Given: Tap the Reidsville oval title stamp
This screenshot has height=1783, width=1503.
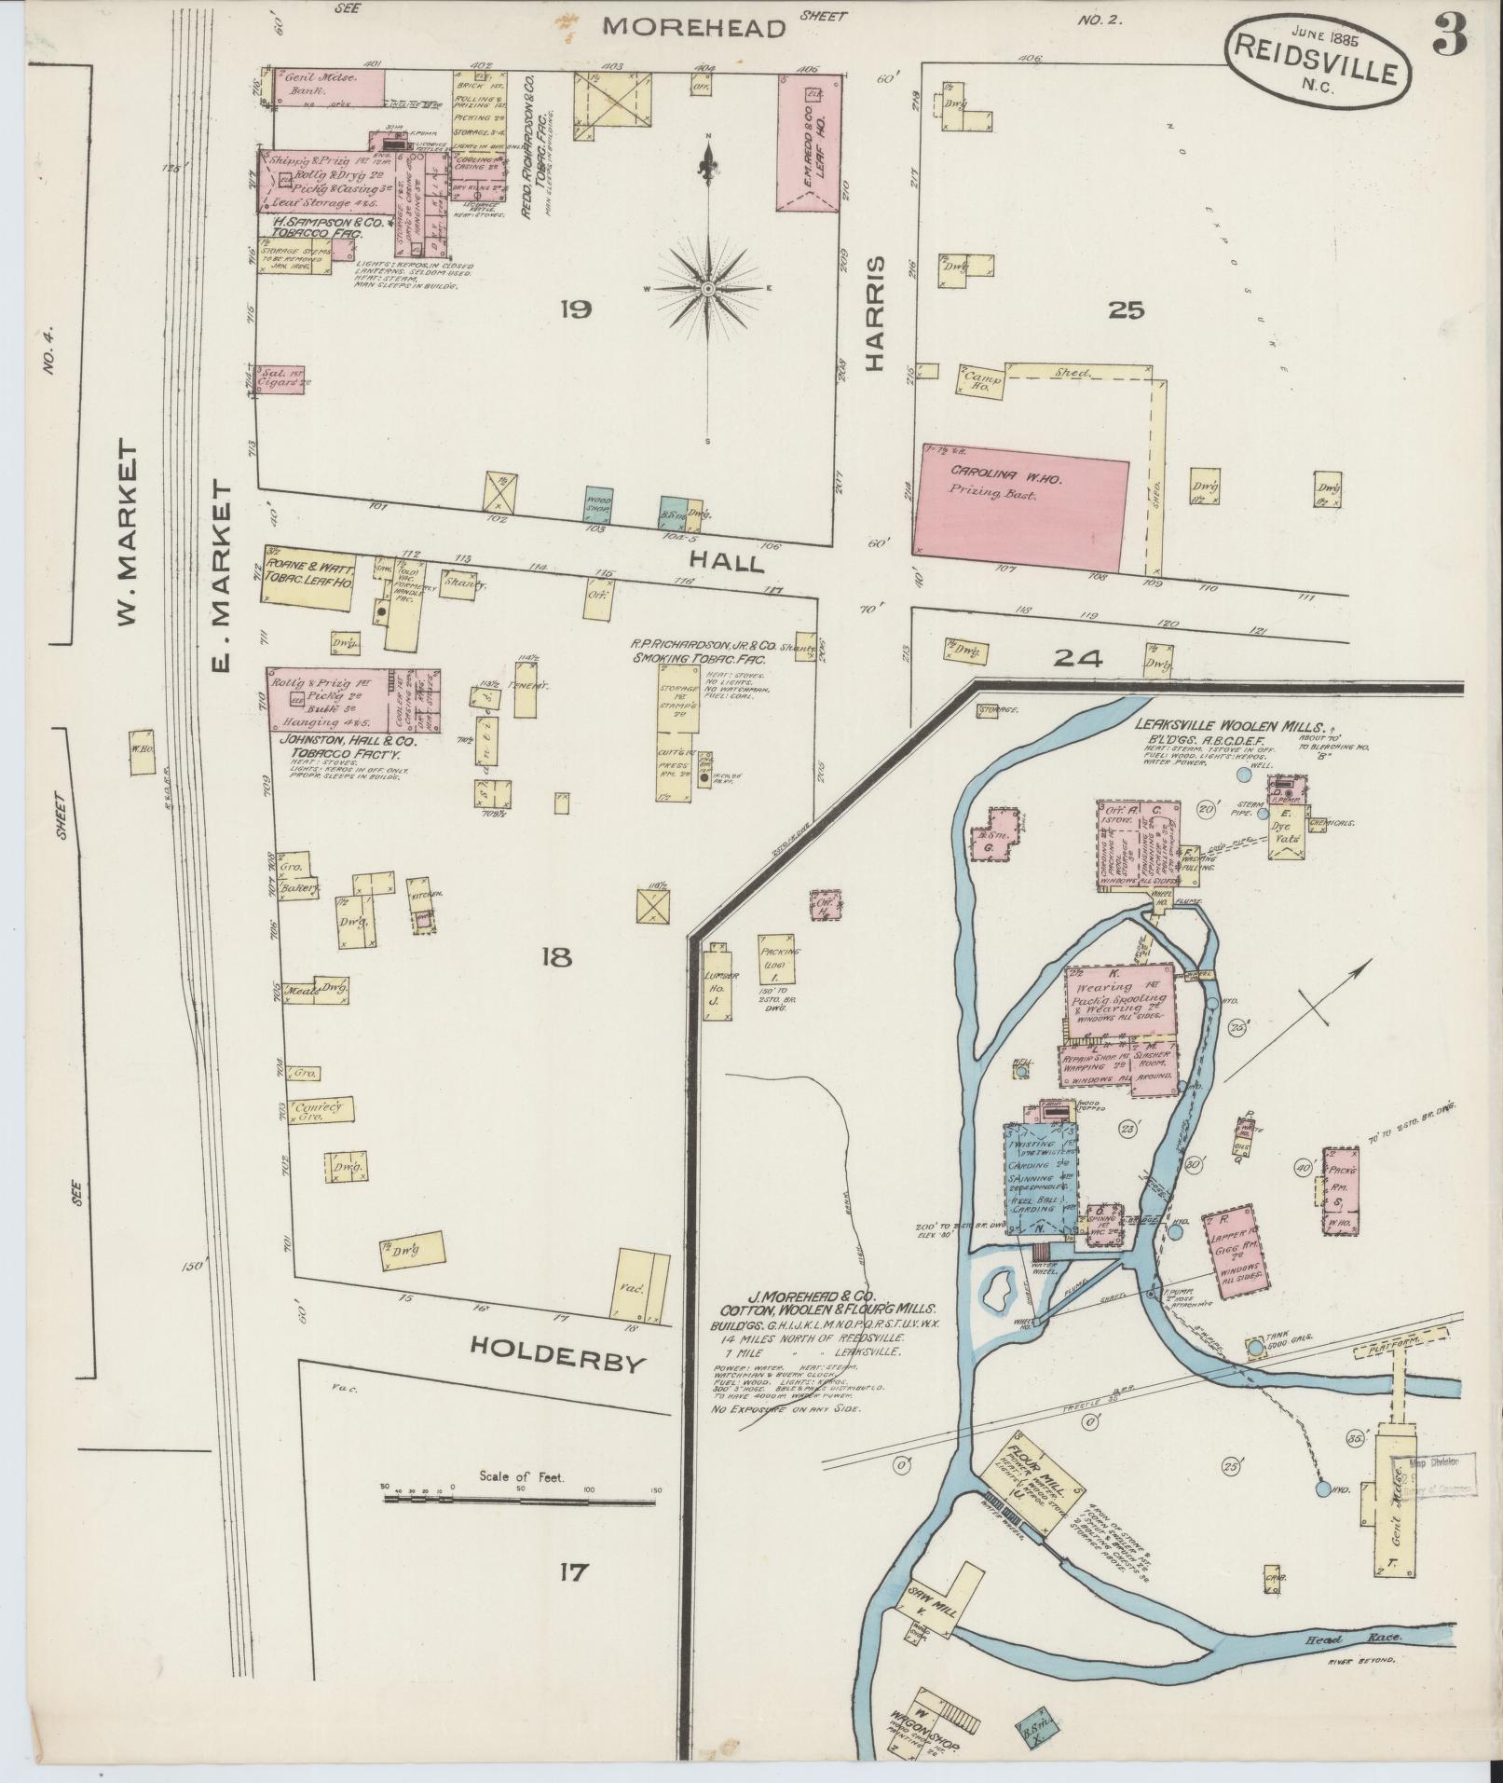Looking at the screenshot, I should (1316, 57).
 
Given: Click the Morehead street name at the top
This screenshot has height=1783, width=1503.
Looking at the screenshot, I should (693, 27).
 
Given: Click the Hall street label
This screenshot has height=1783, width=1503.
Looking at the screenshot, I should (727, 562).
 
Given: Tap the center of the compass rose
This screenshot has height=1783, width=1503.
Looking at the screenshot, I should (708, 289).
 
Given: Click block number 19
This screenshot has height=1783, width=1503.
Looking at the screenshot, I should (576, 310).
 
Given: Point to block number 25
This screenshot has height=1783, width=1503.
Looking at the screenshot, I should (1126, 310).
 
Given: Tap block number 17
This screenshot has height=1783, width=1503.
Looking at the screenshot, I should (571, 1572).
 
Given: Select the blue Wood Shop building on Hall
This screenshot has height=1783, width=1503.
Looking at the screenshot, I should (598, 503).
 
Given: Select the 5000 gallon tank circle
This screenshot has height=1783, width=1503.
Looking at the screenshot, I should (1255, 1347).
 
